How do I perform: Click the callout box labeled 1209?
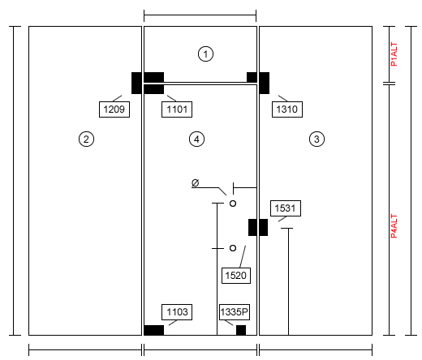pos(114,109)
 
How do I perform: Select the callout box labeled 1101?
pos(177,109)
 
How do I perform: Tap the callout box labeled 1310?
pos(287,109)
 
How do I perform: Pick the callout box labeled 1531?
pos(286,208)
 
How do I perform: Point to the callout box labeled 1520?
pos(236,276)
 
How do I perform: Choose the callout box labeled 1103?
pos(177,312)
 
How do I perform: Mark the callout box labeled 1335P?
pos(235,312)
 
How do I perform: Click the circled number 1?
pos(205,54)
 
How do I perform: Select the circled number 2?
pos(86,139)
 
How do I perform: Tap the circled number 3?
pos(316,139)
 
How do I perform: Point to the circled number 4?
pos(196,139)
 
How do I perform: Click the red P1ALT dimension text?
pos(394,54)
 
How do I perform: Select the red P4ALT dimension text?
pos(394,226)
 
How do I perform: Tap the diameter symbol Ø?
pos(195,183)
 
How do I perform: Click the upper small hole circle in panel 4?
pos(233,204)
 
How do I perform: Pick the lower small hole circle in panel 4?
pos(233,248)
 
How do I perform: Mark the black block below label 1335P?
pos(241,330)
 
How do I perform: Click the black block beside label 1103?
pos(153,330)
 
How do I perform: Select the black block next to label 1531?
pos(258,227)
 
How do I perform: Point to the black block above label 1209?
pos(136,83)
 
